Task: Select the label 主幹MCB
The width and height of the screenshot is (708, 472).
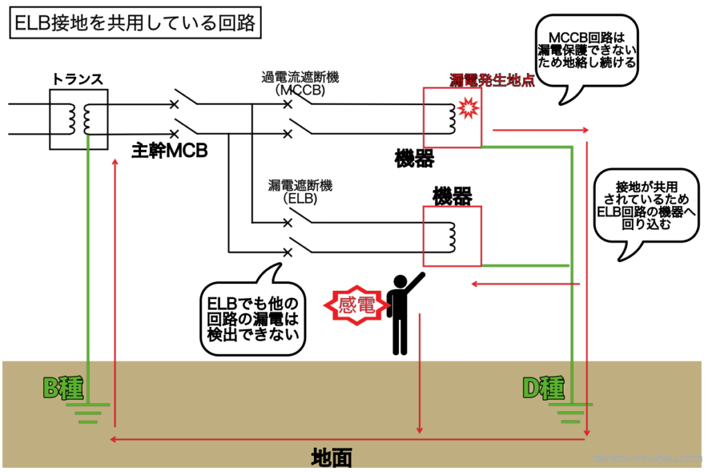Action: click(170, 151)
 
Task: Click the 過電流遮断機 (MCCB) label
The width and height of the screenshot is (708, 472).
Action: click(296, 83)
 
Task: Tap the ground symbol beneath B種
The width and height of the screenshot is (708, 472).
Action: click(88, 413)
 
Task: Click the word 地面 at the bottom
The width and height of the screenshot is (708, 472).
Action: click(332, 457)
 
